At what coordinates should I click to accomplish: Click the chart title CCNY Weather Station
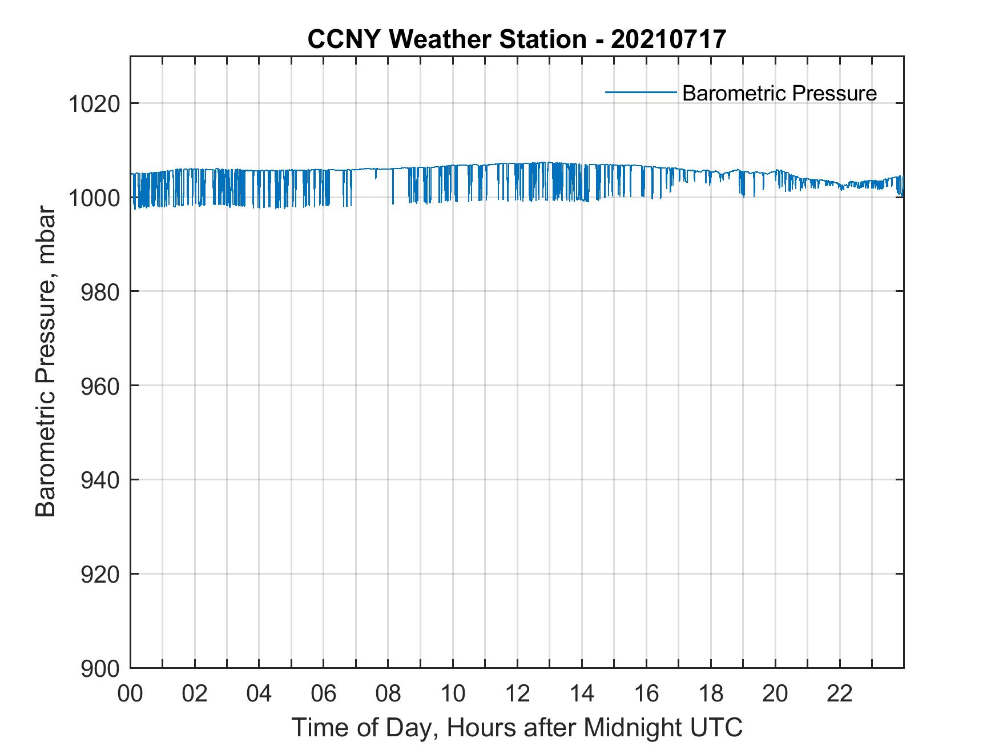tap(446, 39)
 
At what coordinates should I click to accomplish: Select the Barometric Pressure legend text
tap(779, 93)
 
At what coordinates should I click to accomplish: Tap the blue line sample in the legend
tap(641, 92)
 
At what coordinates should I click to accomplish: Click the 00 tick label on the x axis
tap(131, 694)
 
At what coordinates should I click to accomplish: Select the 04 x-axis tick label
tap(259, 694)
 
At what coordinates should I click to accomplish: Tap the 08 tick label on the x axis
tap(388, 694)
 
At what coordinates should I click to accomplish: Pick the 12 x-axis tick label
tap(517, 694)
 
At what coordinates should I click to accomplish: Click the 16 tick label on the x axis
tap(646, 694)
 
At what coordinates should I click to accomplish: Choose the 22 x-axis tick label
tap(840, 694)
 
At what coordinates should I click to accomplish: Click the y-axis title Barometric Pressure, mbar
tap(46, 362)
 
